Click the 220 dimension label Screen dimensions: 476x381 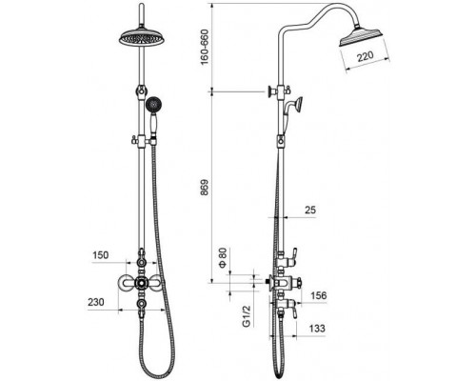click(366, 57)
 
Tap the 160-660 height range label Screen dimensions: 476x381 click(205, 47)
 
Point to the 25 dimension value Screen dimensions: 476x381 click(310, 210)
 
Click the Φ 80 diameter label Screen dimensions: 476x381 click(224, 257)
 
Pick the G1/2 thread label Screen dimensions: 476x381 click(247, 316)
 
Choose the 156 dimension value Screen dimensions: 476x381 click(318, 295)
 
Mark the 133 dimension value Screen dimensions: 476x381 click(316, 328)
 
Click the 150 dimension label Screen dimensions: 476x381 click(100, 255)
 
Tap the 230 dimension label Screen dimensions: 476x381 click(96, 302)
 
